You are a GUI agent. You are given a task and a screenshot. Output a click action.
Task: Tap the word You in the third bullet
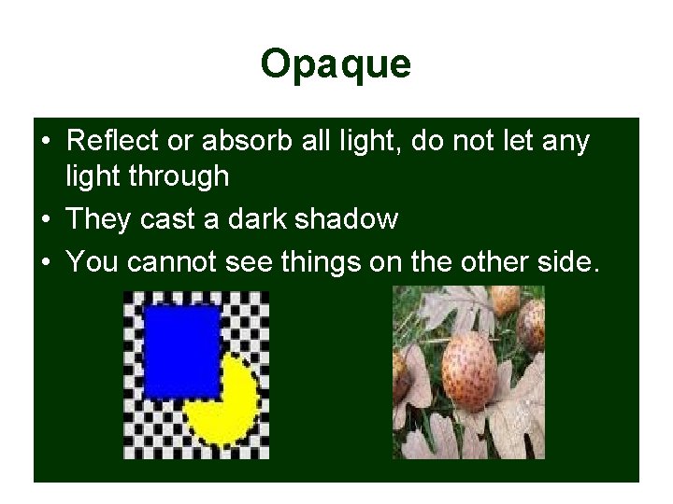tap(93, 262)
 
